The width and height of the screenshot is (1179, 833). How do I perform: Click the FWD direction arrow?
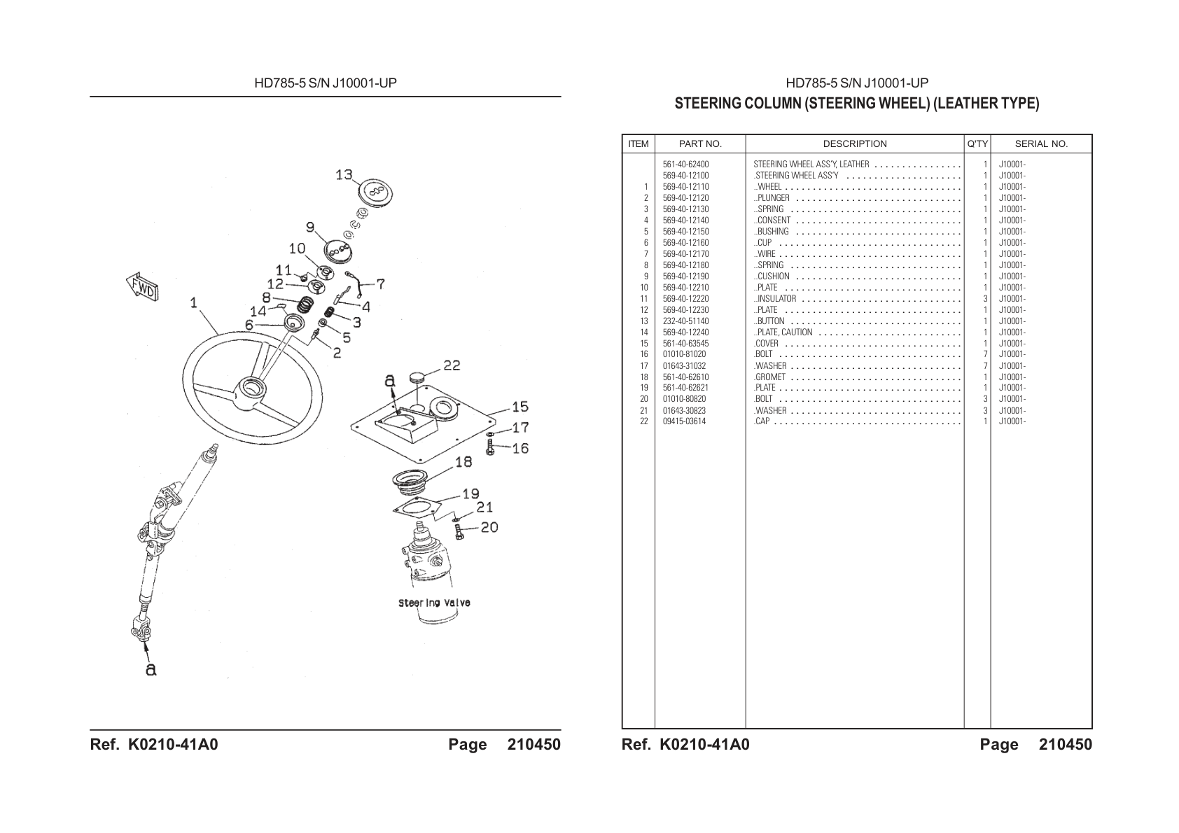click(x=142, y=287)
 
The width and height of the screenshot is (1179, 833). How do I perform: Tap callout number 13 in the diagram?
click(x=344, y=174)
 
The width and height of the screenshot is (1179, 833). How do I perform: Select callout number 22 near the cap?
click(x=452, y=365)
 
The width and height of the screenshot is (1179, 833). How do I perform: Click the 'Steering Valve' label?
click(x=434, y=603)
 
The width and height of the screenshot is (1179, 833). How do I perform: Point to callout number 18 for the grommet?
click(x=463, y=462)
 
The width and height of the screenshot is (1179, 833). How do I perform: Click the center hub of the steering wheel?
click(x=251, y=391)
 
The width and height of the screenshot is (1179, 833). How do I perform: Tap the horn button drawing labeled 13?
click(x=375, y=192)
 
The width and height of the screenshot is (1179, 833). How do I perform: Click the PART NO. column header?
click(x=700, y=144)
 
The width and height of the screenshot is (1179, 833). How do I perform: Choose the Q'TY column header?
click(x=977, y=144)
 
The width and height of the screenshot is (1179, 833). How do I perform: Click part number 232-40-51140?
click(x=686, y=321)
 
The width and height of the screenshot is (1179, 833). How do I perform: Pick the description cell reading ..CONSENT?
click(x=772, y=220)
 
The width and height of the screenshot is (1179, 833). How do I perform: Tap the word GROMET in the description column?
click(x=771, y=377)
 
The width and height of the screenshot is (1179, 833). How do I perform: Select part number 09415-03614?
click(x=684, y=421)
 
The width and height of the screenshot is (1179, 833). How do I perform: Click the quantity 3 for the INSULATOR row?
click(x=985, y=299)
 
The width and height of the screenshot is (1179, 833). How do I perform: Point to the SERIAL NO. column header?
click(x=1041, y=144)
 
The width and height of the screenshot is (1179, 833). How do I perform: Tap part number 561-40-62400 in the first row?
click(x=686, y=164)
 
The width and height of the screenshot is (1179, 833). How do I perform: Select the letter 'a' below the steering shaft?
click(x=151, y=669)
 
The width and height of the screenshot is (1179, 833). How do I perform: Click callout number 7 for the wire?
click(x=381, y=284)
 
